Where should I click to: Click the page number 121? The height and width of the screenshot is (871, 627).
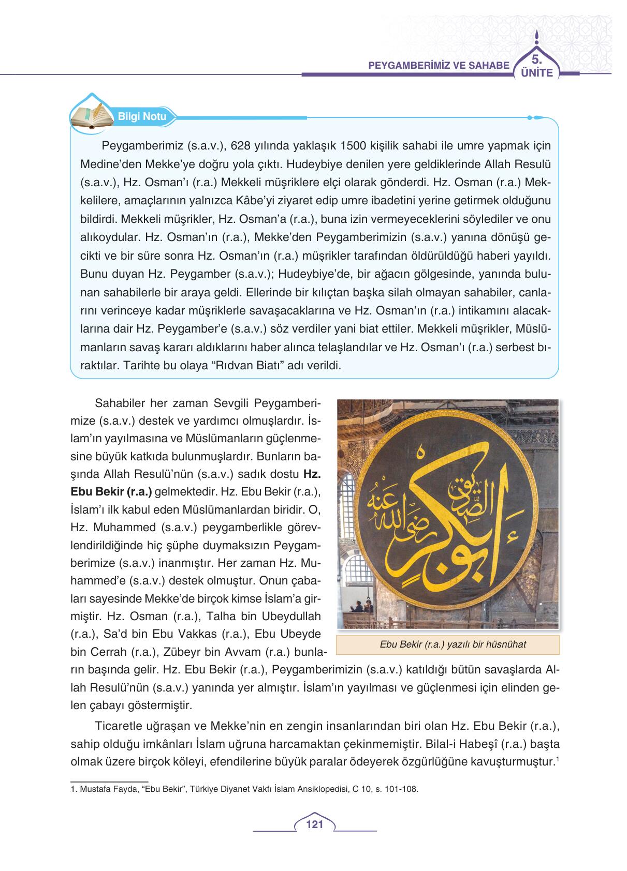click(314, 824)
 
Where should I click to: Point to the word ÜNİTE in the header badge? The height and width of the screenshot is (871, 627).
click(537, 73)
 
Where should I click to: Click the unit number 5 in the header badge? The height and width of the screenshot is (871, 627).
click(536, 58)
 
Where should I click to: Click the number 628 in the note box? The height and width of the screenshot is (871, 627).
click(244, 146)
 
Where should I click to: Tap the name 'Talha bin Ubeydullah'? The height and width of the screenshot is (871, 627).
click(270, 616)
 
